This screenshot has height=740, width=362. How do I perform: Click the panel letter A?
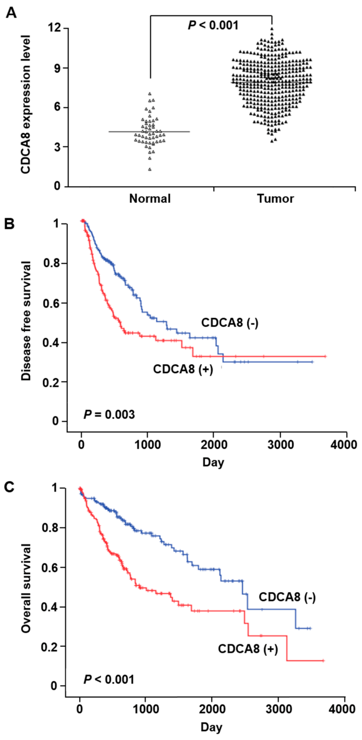pyautogui.click(x=11, y=13)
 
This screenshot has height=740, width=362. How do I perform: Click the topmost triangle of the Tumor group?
pyautogui.click(x=272, y=29)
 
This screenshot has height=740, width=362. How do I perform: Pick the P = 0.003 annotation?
pyautogui.click(x=109, y=415)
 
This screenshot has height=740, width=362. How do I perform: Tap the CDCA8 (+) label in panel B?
pyautogui.click(x=183, y=369)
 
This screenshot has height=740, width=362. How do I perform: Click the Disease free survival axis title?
pyautogui.click(x=26, y=321)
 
